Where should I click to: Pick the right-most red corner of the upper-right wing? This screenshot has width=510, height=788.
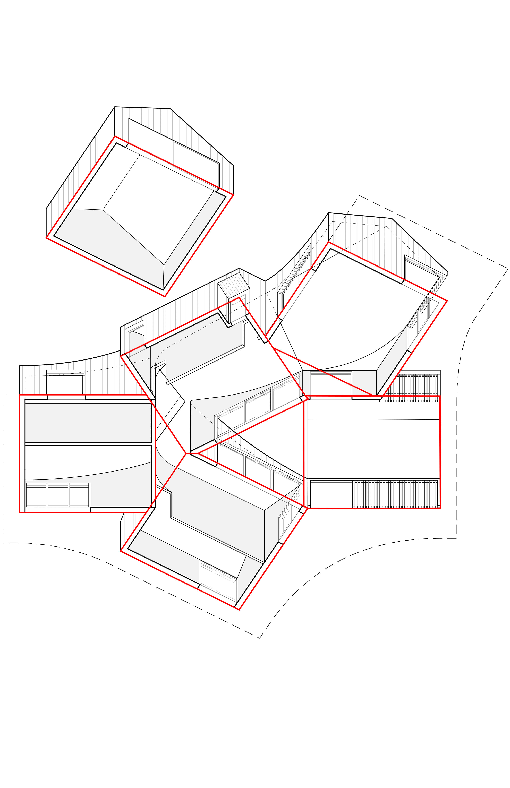click(447, 301)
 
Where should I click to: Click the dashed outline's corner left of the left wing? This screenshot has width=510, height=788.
click(3, 395)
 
